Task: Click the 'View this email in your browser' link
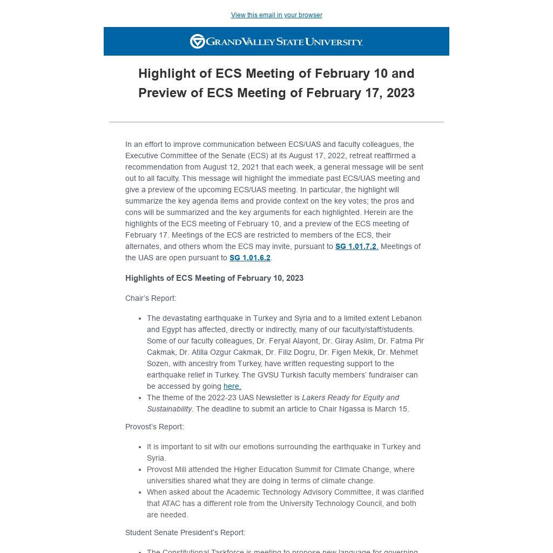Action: pos(276,15)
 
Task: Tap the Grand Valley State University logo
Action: pos(276,42)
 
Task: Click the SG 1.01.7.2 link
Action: pos(356,246)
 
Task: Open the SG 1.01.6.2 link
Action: pos(249,258)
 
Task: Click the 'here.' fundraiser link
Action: pos(232,386)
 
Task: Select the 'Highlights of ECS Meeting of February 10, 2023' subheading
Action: pos(214,278)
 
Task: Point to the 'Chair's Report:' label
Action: pos(151,298)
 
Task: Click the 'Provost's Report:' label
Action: pos(154,427)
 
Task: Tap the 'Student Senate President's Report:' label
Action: pos(185,532)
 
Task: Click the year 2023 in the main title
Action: pos(400,93)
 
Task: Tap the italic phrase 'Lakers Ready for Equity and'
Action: pos(350,397)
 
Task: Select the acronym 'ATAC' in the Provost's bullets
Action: pos(171,503)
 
